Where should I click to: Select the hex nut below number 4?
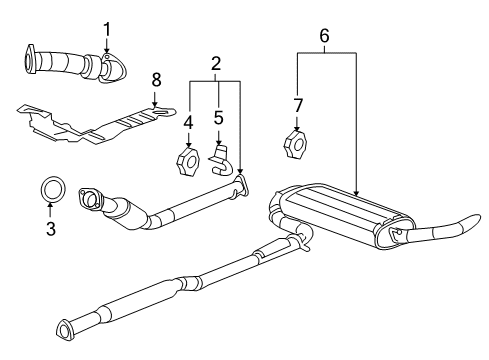pos(189,160)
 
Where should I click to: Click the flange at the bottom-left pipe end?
pos(67,328)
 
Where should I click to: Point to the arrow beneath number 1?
pos(107,48)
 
